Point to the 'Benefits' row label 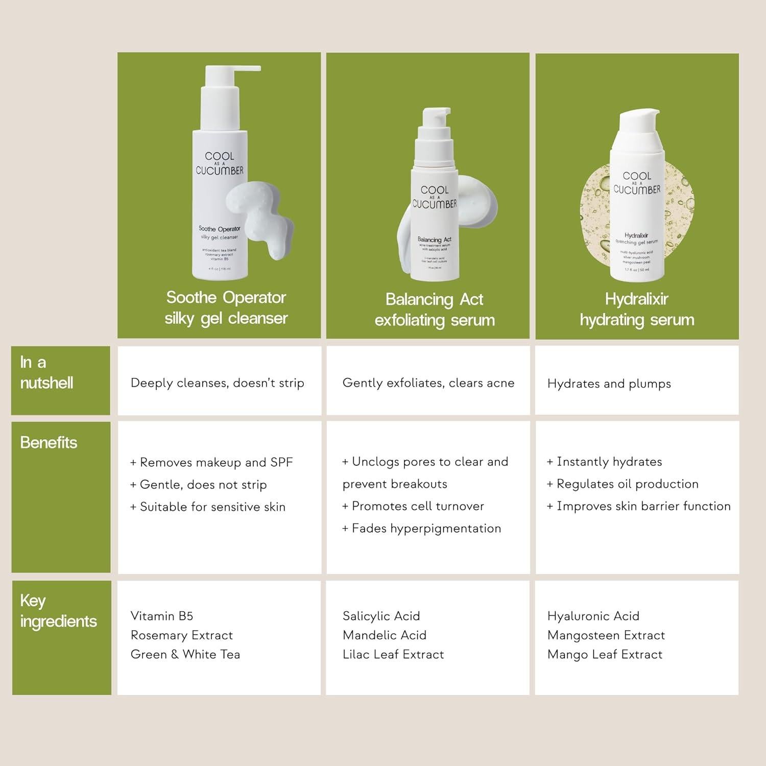49,443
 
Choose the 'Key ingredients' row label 58,611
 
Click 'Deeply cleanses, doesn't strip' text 218,383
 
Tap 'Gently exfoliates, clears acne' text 428,383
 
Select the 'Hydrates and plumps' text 609,384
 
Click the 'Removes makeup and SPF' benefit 211,463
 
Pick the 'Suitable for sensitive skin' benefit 208,507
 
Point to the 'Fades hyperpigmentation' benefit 422,529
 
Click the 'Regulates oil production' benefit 623,484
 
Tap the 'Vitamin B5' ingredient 162,616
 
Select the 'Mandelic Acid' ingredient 385,635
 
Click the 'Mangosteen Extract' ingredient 606,635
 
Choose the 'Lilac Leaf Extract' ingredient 393,655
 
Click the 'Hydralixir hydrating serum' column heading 637,309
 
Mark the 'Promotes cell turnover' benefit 413,506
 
